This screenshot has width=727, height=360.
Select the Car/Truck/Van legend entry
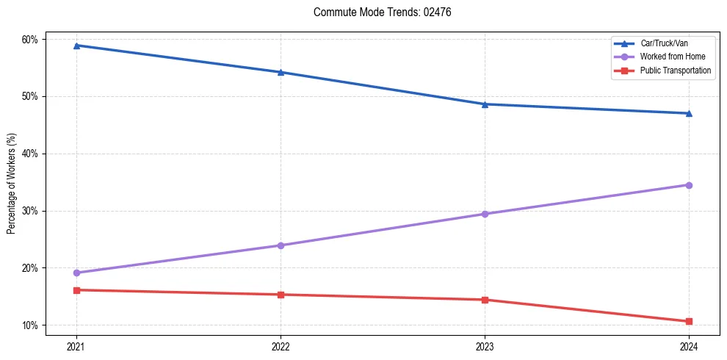(x=664, y=43)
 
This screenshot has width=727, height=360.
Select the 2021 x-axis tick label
(x=76, y=346)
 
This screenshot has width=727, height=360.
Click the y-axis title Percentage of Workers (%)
(x=12, y=184)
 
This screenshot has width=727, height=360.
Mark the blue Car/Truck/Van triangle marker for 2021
(x=76, y=46)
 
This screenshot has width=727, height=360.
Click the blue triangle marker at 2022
(x=281, y=72)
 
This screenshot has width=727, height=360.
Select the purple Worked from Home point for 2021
(x=76, y=273)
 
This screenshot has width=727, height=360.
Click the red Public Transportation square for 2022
(x=281, y=295)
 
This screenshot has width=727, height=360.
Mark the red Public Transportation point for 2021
(x=76, y=290)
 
